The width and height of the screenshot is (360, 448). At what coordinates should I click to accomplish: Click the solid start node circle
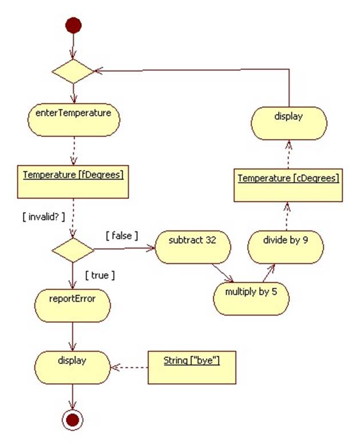(73, 25)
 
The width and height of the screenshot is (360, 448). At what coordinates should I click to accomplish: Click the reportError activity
(73, 305)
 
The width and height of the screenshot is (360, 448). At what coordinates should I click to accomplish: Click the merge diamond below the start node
(73, 71)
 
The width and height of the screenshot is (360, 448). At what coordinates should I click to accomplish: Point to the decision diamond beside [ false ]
(73, 250)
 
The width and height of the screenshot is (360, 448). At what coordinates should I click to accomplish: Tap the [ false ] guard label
(121, 235)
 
